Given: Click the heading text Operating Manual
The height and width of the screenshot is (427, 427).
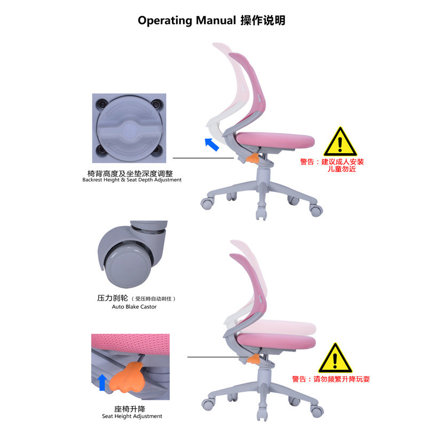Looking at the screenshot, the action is pos(186,21).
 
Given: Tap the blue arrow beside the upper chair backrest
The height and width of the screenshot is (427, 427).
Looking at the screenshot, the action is pos(213,144).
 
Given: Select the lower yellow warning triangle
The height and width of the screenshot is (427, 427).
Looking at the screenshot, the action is pos(335,358).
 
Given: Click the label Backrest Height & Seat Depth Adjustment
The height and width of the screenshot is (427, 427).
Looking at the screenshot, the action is pos(132,180).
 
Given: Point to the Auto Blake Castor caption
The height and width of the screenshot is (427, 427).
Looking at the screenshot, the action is pos(134,307).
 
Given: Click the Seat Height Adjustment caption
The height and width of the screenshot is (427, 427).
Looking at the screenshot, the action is pos(132,416).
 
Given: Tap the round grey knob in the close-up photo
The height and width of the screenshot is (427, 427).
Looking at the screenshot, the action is pos(129,128).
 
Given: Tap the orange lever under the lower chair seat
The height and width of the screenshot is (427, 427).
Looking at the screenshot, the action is pos(254,361).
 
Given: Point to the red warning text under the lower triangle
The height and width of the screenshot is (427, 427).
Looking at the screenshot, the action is pos(331,379).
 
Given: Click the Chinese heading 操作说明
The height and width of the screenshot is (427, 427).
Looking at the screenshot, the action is pos(263,21).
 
